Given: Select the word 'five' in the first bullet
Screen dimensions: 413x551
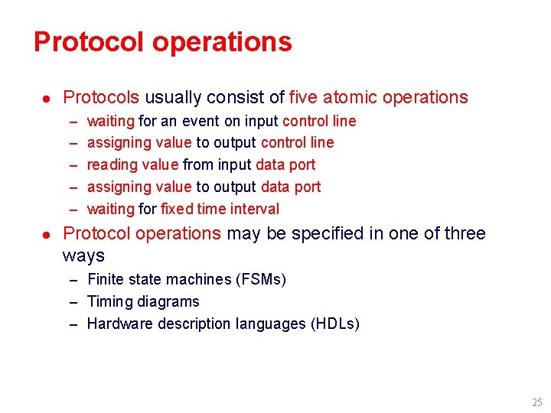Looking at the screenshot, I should [303, 98].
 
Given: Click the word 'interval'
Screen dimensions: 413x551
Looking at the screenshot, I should [256, 210].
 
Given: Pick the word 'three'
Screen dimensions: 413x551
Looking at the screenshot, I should [461, 234].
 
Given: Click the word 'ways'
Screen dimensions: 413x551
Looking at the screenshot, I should [83, 255].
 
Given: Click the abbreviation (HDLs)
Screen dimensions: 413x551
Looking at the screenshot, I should [334, 324].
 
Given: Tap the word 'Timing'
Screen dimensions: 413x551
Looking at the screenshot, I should [109, 302].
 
